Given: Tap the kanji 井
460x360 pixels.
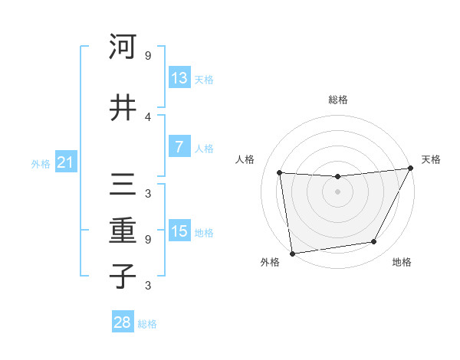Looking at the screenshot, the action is click(123, 107).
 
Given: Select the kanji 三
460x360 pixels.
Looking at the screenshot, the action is click(123, 185).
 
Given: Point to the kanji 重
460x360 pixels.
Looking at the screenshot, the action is click(123, 231).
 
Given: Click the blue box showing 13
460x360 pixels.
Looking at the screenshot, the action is click(179, 78).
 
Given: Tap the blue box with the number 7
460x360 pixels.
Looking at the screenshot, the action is click(179, 147).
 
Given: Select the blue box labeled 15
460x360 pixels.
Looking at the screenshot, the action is click(179, 231).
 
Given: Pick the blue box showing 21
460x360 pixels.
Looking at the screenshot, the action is click(66, 162).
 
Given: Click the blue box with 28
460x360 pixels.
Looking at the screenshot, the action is click(123, 322).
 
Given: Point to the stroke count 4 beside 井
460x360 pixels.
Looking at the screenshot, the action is click(148, 116).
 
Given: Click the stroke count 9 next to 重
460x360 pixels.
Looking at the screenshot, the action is click(148, 239).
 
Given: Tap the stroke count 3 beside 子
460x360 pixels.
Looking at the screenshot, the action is click(148, 286).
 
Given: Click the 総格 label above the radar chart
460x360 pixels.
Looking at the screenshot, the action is click(338, 100).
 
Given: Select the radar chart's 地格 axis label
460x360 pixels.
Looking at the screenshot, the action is click(402, 262).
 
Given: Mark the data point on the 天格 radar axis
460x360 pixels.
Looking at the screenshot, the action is click(410, 169).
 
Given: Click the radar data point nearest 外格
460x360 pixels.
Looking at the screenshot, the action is click(292, 253).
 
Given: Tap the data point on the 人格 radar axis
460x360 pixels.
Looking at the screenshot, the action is click(280, 173).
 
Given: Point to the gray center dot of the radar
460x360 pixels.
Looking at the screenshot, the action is click(337, 191).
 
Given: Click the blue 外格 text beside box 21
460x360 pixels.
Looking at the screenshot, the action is click(41, 163).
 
